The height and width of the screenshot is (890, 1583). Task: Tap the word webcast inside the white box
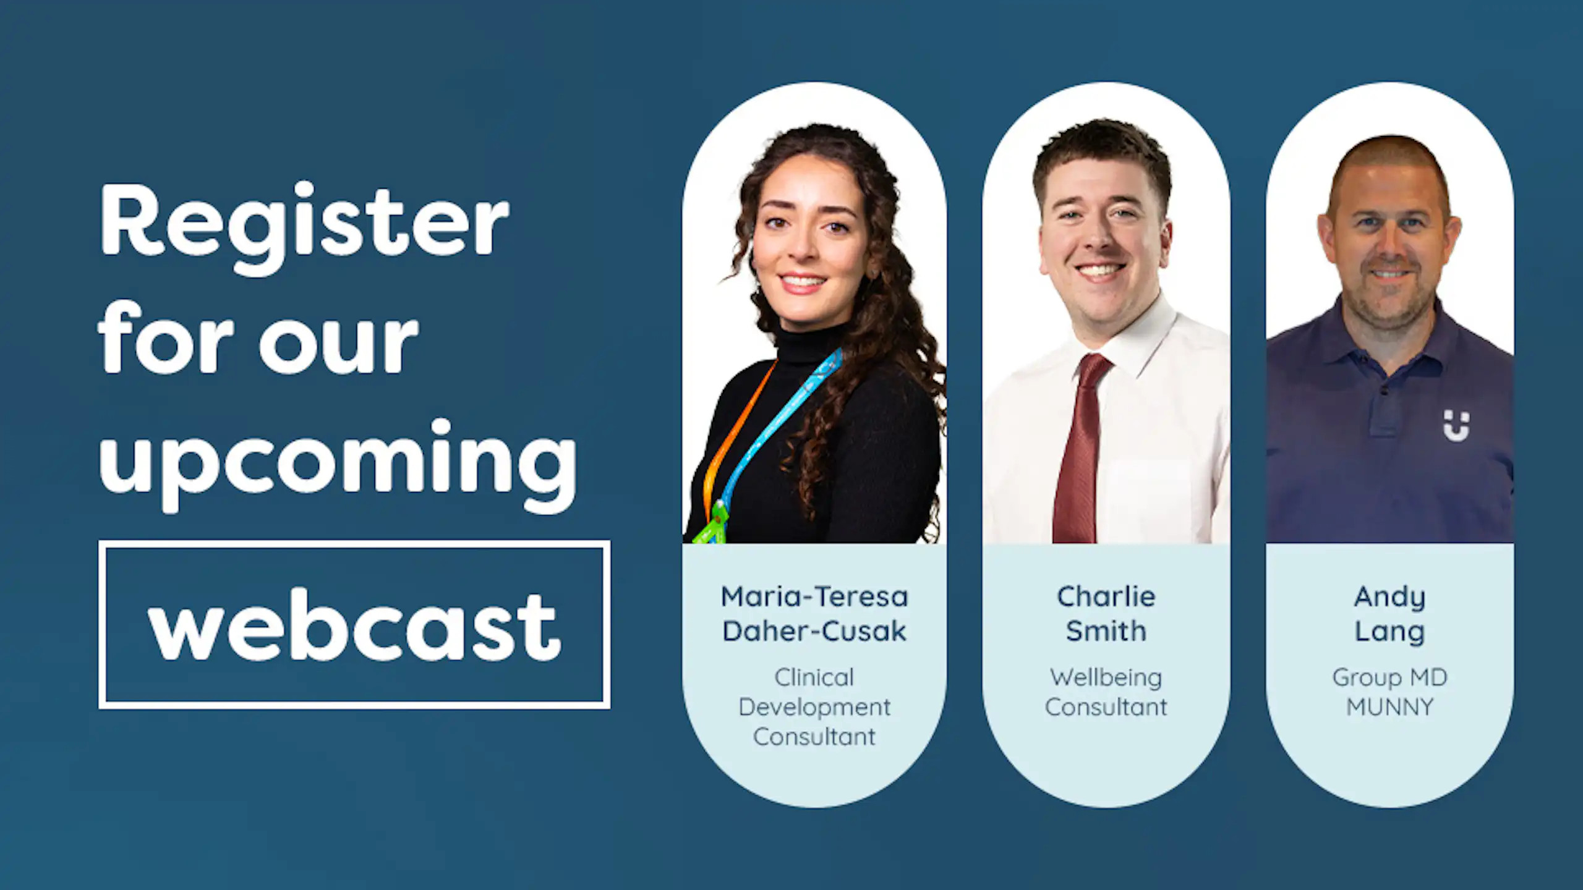click(354, 625)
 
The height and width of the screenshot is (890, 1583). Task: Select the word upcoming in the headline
click(338, 460)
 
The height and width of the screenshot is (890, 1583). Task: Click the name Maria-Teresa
click(814, 597)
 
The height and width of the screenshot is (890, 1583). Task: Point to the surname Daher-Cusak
click(814, 631)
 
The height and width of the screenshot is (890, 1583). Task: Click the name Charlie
click(1106, 597)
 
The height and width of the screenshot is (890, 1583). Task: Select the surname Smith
click(1106, 631)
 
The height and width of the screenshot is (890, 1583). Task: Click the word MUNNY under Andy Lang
click(1389, 707)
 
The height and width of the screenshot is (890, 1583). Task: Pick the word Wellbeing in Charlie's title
click(1106, 678)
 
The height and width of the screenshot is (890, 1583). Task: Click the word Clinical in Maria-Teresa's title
click(814, 678)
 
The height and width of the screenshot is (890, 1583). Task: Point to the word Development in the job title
click(814, 707)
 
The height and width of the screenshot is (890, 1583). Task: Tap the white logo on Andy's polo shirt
click(1456, 425)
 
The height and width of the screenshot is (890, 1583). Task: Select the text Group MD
click(1389, 678)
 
